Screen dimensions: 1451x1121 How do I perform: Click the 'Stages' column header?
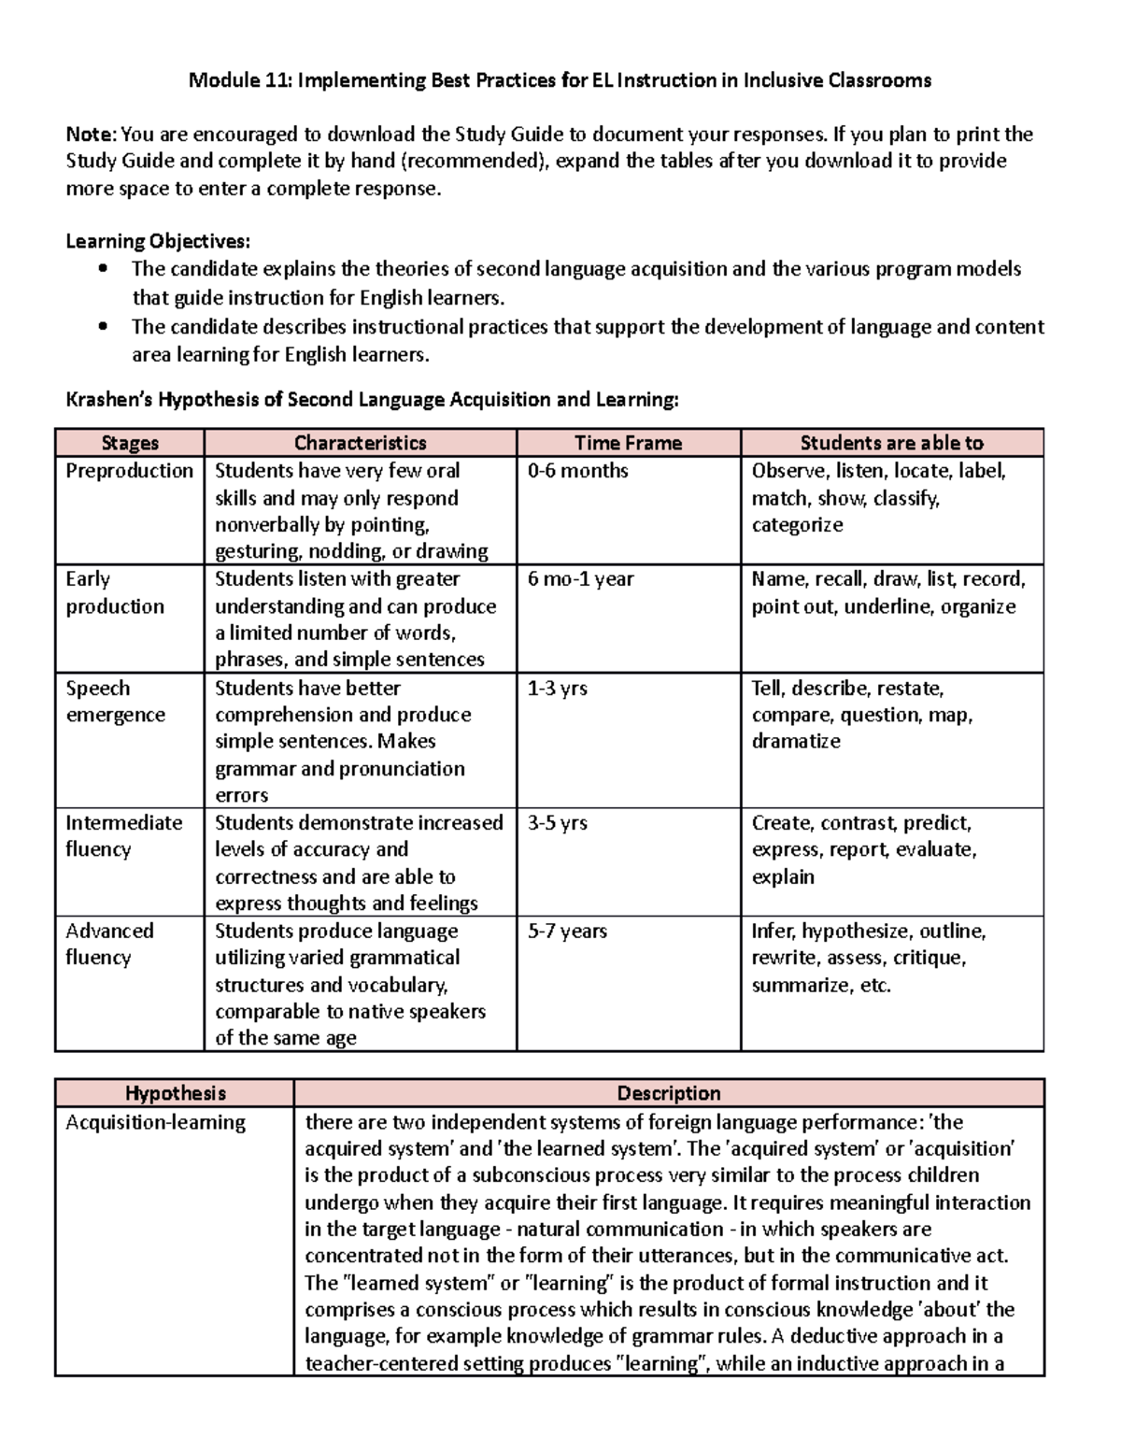coord(129,443)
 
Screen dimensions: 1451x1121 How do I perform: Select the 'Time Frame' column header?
coord(628,443)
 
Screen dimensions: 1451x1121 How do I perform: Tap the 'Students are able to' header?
coord(891,443)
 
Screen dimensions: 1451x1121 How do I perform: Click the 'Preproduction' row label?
coord(129,471)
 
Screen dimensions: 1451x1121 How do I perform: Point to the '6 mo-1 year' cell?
coord(580,579)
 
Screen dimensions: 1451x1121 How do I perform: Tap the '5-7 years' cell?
coord(567,932)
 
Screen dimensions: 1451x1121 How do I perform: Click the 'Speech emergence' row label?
coord(115,702)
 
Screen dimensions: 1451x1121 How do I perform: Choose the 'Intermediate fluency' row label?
coord(123,836)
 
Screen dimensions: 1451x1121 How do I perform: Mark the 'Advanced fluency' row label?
coord(109,945)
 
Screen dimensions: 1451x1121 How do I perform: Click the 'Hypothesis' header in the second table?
coord(175,1093)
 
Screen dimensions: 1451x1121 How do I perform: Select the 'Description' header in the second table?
coord(668,1093)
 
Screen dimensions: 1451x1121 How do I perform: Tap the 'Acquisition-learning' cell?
coord(155,1122)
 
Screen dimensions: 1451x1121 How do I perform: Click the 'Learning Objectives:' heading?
coord(158,242)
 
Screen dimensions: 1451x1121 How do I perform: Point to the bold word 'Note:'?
coord(92,135)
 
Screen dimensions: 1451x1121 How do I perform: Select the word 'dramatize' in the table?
coord(796,742)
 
